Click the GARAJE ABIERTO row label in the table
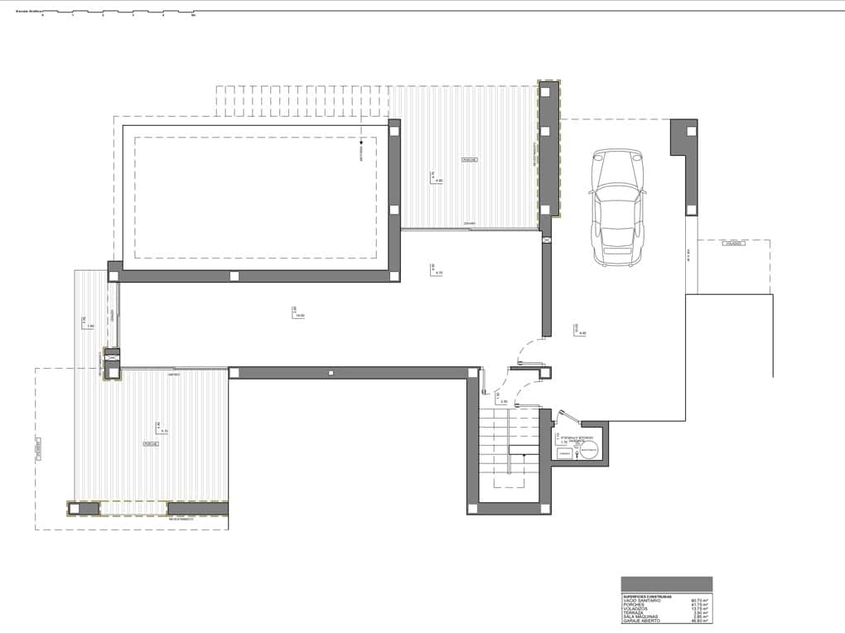tap(640, 621)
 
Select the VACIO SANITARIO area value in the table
tap(699, 600)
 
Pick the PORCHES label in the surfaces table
tap(634, 604)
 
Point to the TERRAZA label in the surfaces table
tap(634, 612)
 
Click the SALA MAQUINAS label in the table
tap(640, 617)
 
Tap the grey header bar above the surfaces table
tap(666, 583)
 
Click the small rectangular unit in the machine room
tap(565, 453)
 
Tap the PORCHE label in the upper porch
tap(471, 159)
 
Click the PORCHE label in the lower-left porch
tap(151, 444)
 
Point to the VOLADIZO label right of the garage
tap(734, 244)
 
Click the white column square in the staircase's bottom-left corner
tap(472, 507)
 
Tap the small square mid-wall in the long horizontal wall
tap(331, 374)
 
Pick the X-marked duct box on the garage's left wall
tap(547, 240)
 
